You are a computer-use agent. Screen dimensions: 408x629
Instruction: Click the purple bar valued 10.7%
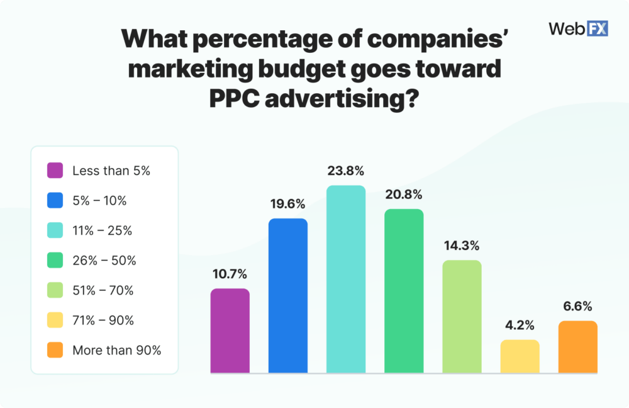pos(230,331)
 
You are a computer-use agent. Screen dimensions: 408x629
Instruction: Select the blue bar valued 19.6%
pos(287,296)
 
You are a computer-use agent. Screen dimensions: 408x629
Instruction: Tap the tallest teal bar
pos(345,280)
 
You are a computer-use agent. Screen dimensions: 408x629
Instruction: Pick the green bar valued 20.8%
pos(404,291)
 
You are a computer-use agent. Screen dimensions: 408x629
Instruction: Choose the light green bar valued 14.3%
pos(462,317)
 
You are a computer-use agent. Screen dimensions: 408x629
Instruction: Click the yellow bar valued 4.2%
pos(520,356)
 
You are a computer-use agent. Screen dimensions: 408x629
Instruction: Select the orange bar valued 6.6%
pos(577,347)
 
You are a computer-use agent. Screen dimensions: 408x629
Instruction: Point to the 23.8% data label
pos(345,171)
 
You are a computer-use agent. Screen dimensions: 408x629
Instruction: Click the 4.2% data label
pos(520,326)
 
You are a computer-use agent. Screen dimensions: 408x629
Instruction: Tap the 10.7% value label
pos(230,274)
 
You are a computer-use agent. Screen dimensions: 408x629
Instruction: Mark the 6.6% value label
pos(577,307)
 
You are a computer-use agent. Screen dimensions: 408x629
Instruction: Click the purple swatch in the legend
pos(55,171)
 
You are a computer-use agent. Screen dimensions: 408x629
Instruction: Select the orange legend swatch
pos(55,351)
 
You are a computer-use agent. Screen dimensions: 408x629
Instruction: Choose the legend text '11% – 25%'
pos(102,230)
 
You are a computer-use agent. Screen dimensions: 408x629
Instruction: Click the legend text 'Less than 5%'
pos(111,171)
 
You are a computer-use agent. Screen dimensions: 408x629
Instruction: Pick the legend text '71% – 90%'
pos(103,320)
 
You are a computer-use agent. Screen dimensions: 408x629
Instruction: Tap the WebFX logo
pos(578,28)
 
